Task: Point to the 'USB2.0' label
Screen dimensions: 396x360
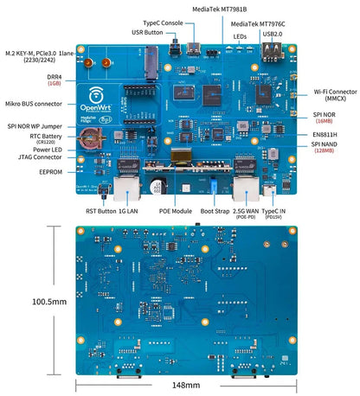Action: click(x=272, y=34)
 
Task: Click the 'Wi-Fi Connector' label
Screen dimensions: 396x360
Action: click(x=334, y=91)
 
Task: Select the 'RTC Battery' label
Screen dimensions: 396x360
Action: click(x=46, y=136)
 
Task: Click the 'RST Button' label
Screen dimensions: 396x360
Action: click(x=101, y=210)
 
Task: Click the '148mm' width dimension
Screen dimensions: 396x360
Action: click(x=186, y=385)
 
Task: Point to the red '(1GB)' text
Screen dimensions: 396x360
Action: click(x=54, y=84)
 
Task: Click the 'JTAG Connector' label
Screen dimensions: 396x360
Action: click(x=43, y=156)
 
